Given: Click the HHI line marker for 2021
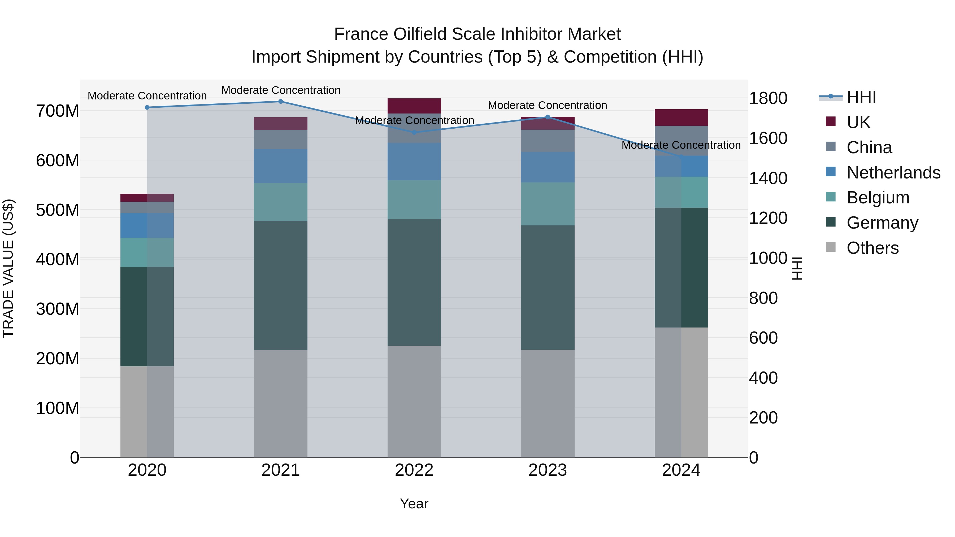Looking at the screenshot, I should [281, 102].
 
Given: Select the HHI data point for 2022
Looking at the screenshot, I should [414, 132].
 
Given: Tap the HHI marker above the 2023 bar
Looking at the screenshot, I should [548, 117].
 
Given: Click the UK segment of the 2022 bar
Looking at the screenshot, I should [414, 106].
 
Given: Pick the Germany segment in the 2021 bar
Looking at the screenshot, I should [281, 285].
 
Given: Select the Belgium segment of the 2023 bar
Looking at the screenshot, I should [548, 204].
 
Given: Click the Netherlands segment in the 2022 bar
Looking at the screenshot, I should [414, 161].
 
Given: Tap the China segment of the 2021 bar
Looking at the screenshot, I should [281, 140].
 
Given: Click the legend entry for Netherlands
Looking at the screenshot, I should [893, 173].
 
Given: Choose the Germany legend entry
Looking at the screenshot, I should [882, 223].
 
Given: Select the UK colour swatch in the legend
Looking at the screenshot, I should [831, 121].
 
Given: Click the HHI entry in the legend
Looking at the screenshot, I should [861, 97].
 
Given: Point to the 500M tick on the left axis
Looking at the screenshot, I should [58, 210].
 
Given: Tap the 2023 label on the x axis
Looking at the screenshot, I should [548, 470].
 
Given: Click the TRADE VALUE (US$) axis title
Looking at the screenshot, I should [8, 268].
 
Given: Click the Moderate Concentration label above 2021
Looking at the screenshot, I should [281, 90].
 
